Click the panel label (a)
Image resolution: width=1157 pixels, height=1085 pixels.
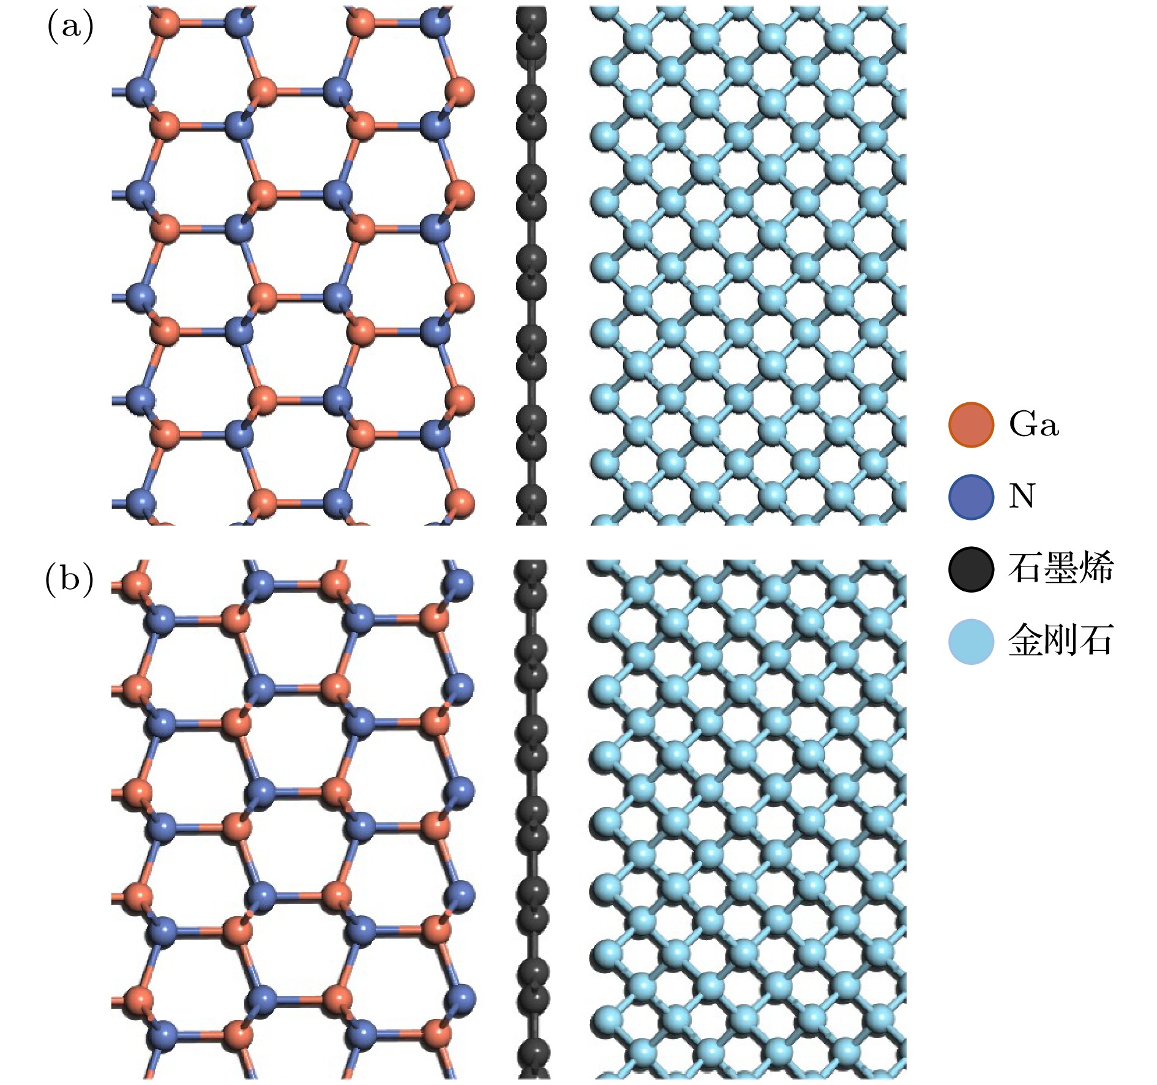pyautogui.click(x=70, y=28)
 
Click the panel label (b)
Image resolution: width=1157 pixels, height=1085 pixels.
pyautogui.click(x=69, y=579)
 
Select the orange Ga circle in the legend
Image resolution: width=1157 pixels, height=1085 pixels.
pyautogui.click(x=970, y=424)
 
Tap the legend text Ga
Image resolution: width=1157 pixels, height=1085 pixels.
pyautogui.click(x=1034, y=424)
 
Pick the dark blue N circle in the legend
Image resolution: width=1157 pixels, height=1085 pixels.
pyautogui.click(x=970, y=497)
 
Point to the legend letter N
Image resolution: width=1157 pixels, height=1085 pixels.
pyautogui.click(x=1022, y=497)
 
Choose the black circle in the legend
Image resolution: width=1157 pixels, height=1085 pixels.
pyautogui.click(x=970, y=569)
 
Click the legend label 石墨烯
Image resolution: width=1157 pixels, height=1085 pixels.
pyautogui.click(x=1060, y=569)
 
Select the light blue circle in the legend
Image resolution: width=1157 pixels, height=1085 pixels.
pyautogui.click(x=970, y=641)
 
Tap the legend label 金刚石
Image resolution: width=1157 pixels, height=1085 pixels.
pyautogui.click(x=1060, y=641)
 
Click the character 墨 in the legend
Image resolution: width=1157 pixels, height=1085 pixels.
pyautogui.click(x=1061, y=569)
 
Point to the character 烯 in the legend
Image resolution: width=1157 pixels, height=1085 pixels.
pyautogui.click(x=1096, y=569)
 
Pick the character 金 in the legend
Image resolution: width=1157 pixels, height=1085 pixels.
pyautogui.click(x=1025, y=641)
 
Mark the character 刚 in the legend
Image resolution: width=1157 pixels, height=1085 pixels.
pyautogui.click(x=1061, y=641)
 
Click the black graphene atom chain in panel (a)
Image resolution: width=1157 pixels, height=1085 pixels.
pyautogui.click(x=531, y=263)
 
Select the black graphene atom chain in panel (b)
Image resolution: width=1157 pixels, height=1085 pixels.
pyautogui.click(x=531, y=820)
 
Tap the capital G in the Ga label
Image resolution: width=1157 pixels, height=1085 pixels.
pyautogui.click(x=1023, y=424)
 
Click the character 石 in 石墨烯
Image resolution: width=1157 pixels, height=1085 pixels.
pyautogui.click(x=1025, y=569)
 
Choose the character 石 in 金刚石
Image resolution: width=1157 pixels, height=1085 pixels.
pyautogui.click(x=1096, y=641)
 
